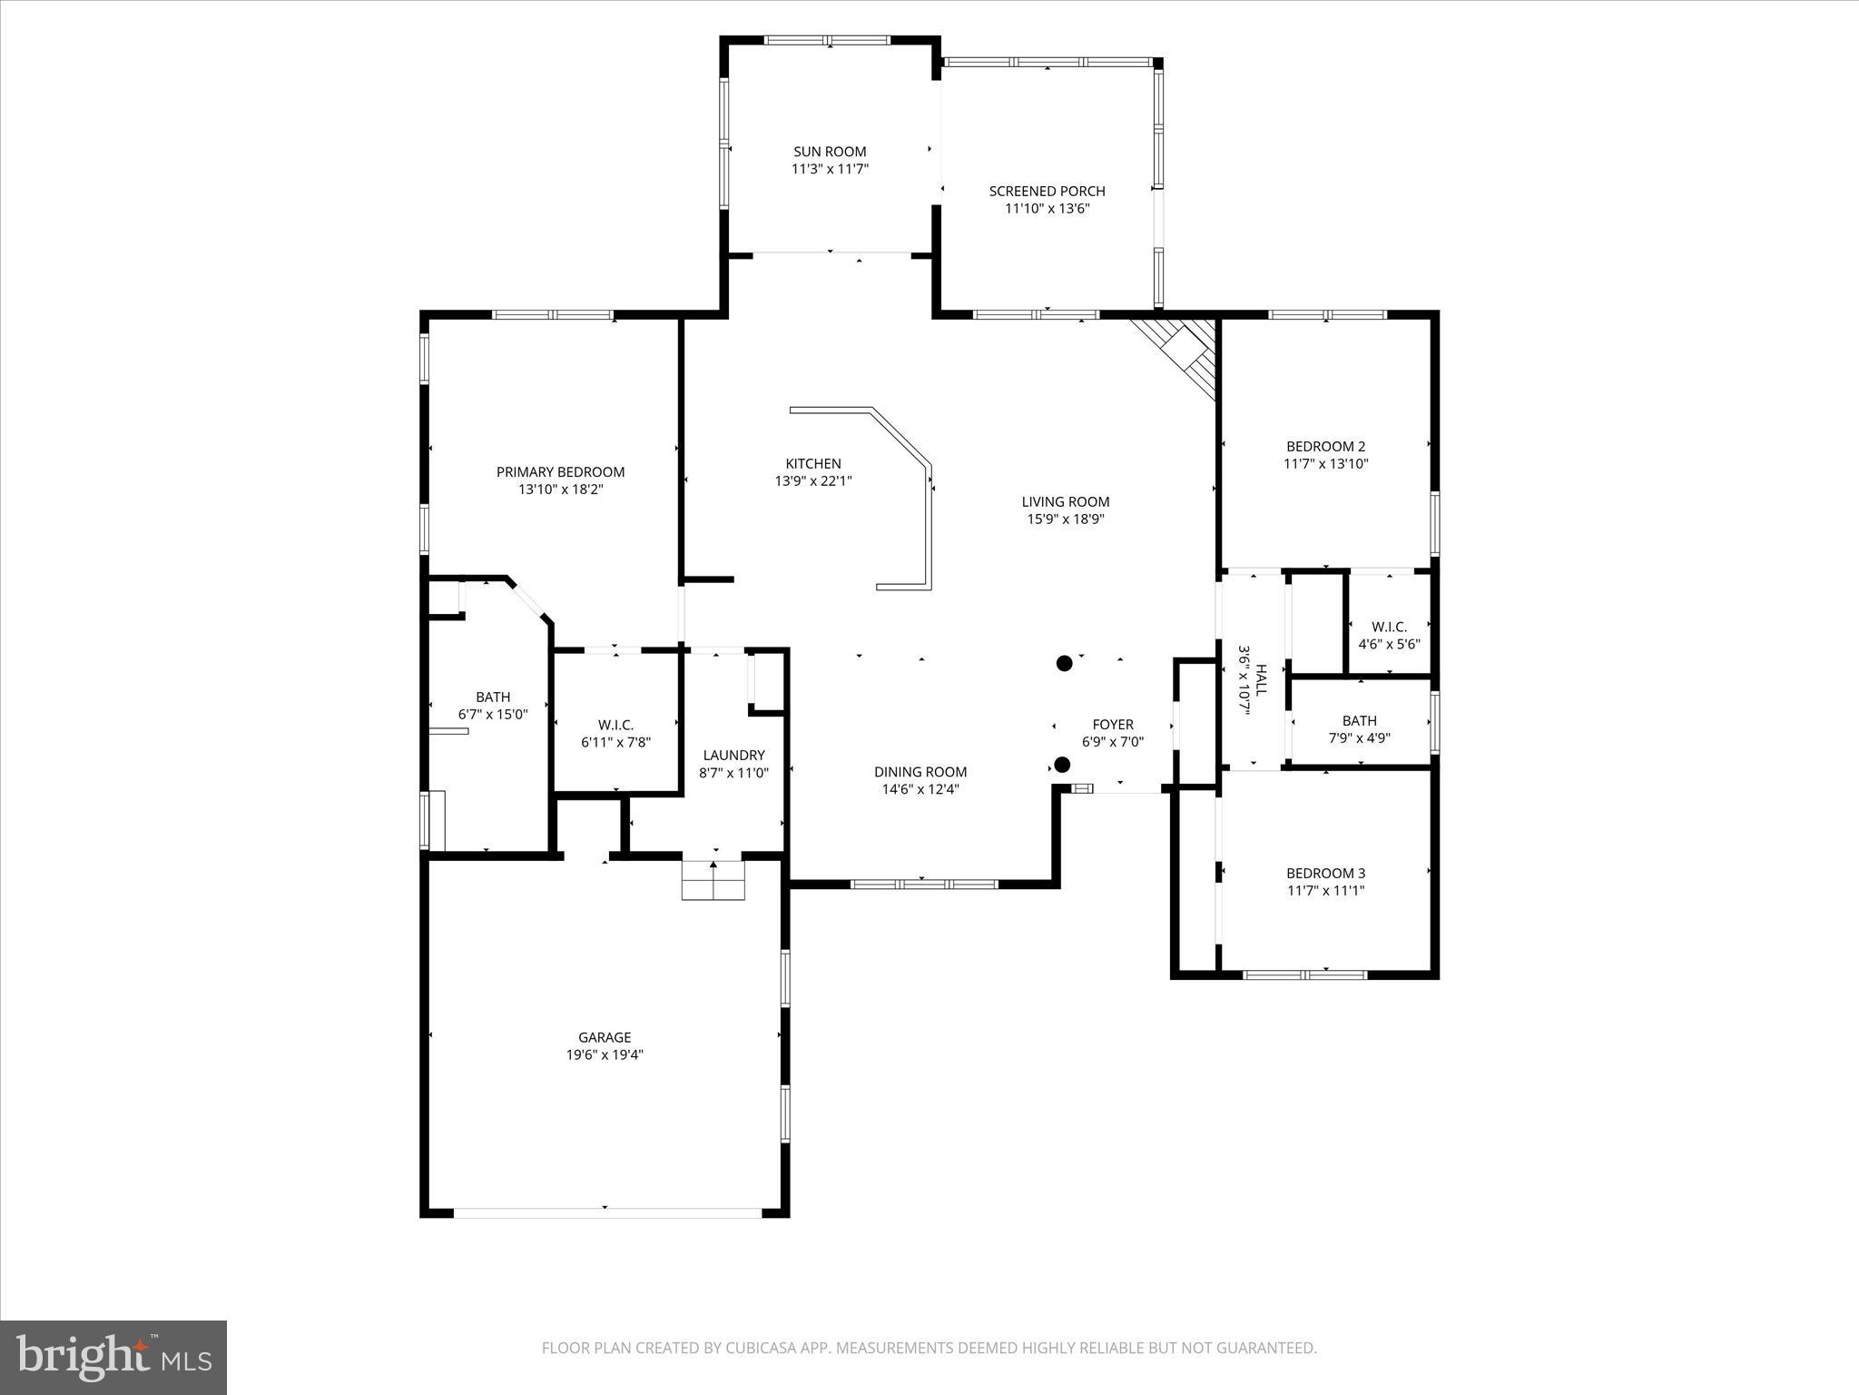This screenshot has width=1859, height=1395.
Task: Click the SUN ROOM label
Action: [x=830, y=152]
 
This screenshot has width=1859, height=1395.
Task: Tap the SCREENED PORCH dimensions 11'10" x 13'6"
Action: [x=1047, y=209]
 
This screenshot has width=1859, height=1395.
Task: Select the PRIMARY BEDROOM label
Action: [x=560, y=471]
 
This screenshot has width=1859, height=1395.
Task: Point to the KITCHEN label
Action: [x=813, y=463]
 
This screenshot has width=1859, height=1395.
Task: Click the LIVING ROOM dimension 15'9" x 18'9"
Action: [x=1066, y=519]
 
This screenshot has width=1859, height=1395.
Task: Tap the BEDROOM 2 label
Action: [x=1325, y=446]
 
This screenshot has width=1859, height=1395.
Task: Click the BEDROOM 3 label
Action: [x=1325, y=873]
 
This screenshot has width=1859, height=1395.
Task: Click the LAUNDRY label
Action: [x=733, y=755]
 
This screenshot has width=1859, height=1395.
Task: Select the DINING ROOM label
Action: [x=920, y=772]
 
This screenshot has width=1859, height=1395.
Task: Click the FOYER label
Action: [x=1112, y=724]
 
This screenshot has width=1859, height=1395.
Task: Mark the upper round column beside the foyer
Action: [x=1065, y=663]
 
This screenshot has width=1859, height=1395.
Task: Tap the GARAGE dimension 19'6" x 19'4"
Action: [x=605, y=1054]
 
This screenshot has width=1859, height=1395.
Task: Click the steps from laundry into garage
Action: [x=713, y=881]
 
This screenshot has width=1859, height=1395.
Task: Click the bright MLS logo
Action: [x=113, y=1356]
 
